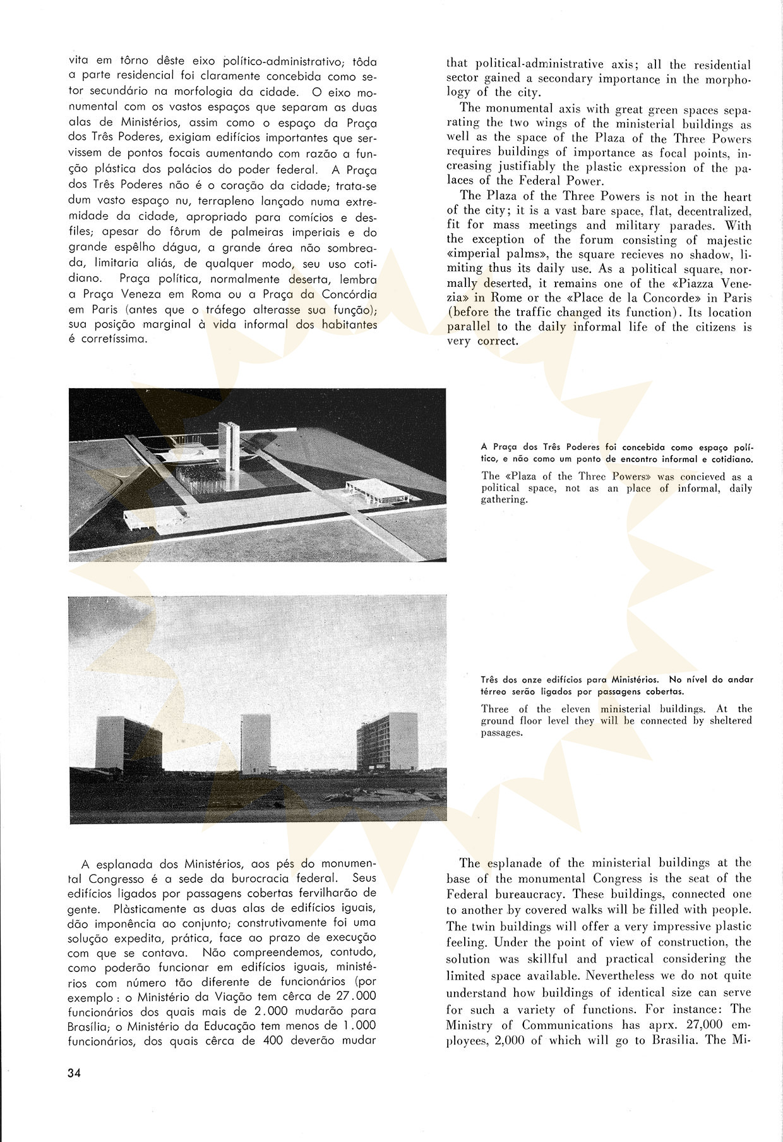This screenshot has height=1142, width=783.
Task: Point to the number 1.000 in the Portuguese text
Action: [x=356, y=1026]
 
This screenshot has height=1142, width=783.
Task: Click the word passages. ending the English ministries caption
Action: [x=502, y=732]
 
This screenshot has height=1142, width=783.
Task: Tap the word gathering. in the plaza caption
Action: [x=504, y=499]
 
